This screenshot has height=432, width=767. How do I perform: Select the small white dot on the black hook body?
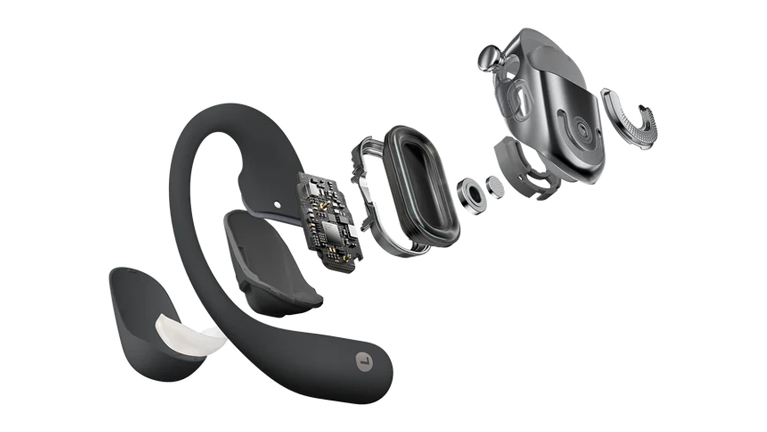pos(277,205)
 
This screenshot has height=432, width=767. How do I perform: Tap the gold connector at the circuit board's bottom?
pos(345,257)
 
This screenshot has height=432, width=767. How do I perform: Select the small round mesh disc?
pos(496,187)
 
